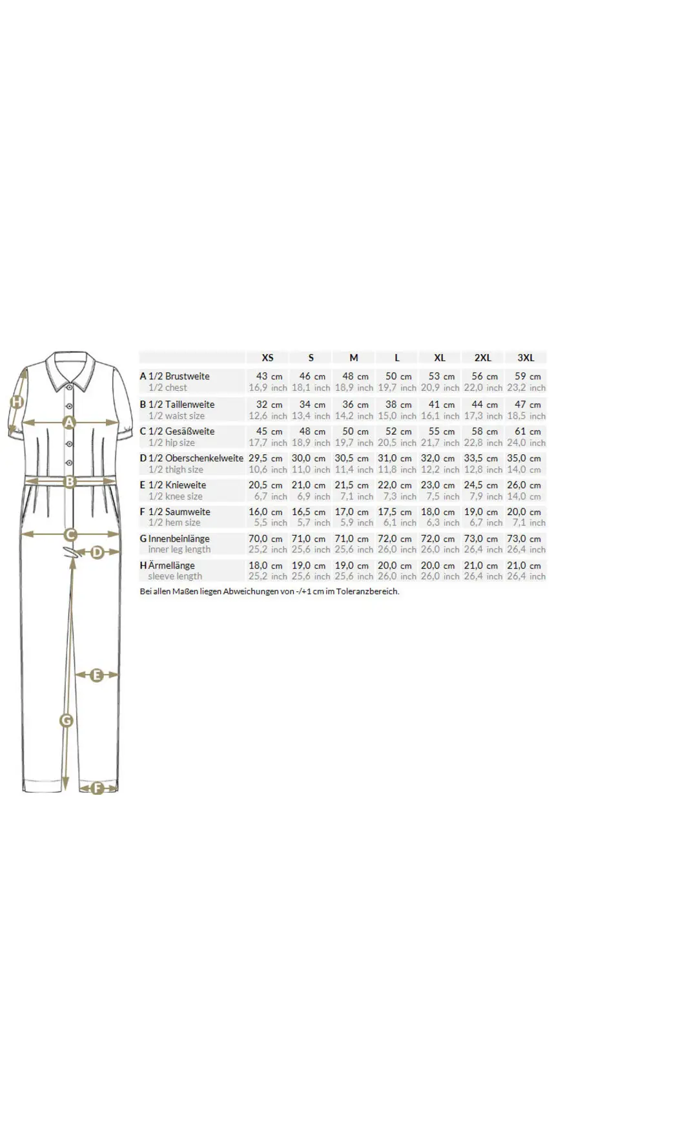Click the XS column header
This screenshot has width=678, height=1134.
pos(267,357)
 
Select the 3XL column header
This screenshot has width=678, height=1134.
pos(526,357)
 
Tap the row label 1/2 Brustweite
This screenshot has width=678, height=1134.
pos(179,376)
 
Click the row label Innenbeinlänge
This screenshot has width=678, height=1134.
pos(179,538)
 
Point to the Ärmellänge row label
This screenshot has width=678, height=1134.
pos(171,565)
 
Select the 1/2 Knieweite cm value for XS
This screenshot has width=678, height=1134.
pos(265,485)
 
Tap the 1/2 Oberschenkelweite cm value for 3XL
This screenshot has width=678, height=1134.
pos(524,458)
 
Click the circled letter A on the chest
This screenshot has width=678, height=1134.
pos(69,423)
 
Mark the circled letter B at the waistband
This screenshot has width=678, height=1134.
pos(70,481)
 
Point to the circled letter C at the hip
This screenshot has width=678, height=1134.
pos(70,534)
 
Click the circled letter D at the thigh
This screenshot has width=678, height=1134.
pos(97,552)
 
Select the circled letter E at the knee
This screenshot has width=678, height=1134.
pos(97,675)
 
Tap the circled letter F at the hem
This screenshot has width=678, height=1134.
pos(98,788)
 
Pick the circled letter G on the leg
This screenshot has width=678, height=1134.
pos(66,720)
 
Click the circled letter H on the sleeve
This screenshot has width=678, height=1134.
pos(17,402)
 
